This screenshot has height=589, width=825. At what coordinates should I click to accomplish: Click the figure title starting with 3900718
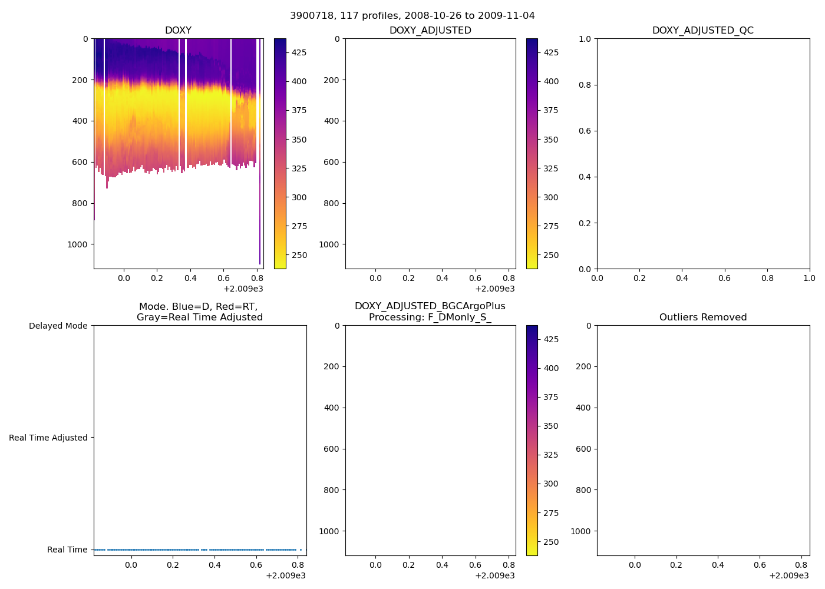pyautogui.click(x=412, y=16)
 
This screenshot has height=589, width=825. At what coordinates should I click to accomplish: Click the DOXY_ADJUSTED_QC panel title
pyautogui.click(x=702, y=31)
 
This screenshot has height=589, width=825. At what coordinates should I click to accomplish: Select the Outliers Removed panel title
pyautogui.click(x=702, y=317)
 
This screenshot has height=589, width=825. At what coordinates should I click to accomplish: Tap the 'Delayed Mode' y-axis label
pyautogui.click(x=58, y=326)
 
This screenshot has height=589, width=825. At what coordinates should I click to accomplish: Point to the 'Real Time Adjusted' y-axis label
pyautogui.click(x=48, y=438)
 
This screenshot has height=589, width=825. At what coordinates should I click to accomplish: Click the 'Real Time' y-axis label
pyautogui.click(x=67, y=550)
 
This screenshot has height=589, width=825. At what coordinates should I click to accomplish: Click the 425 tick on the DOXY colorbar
pyautogui.click(x=299, y=52)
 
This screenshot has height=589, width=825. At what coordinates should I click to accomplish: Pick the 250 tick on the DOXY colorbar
pyautogui.click(x=299, y=255)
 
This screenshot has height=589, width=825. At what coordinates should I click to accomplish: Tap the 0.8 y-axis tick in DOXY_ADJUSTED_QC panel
pyautogui.click(x=584, y=85)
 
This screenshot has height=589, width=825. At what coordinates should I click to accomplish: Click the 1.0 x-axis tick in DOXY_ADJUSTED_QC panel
pyautogui.click(x=809, y=278)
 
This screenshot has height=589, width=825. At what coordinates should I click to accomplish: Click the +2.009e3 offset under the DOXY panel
pyautogui.click(x=243, y=289)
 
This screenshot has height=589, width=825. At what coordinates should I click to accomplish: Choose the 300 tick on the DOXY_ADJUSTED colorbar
pyautogui.click(x=551, y=197)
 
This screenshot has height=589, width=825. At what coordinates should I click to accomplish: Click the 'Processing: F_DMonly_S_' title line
pyautogui.click(x=430, y=317)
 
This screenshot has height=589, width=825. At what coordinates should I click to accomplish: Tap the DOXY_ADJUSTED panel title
pyautogui.click(x=430, y=31)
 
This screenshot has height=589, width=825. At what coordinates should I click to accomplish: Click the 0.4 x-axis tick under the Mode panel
pyautogui.click(x=214, y=565)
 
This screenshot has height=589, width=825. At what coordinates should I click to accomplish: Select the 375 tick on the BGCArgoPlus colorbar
pyautogui.click(x=551, y=397)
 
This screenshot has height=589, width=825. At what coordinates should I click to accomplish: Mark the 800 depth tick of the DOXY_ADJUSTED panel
pyautogui.click(x=331, y=203)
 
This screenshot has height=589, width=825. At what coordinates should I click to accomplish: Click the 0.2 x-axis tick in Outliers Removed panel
pyautogui.click(x=676, y=565)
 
